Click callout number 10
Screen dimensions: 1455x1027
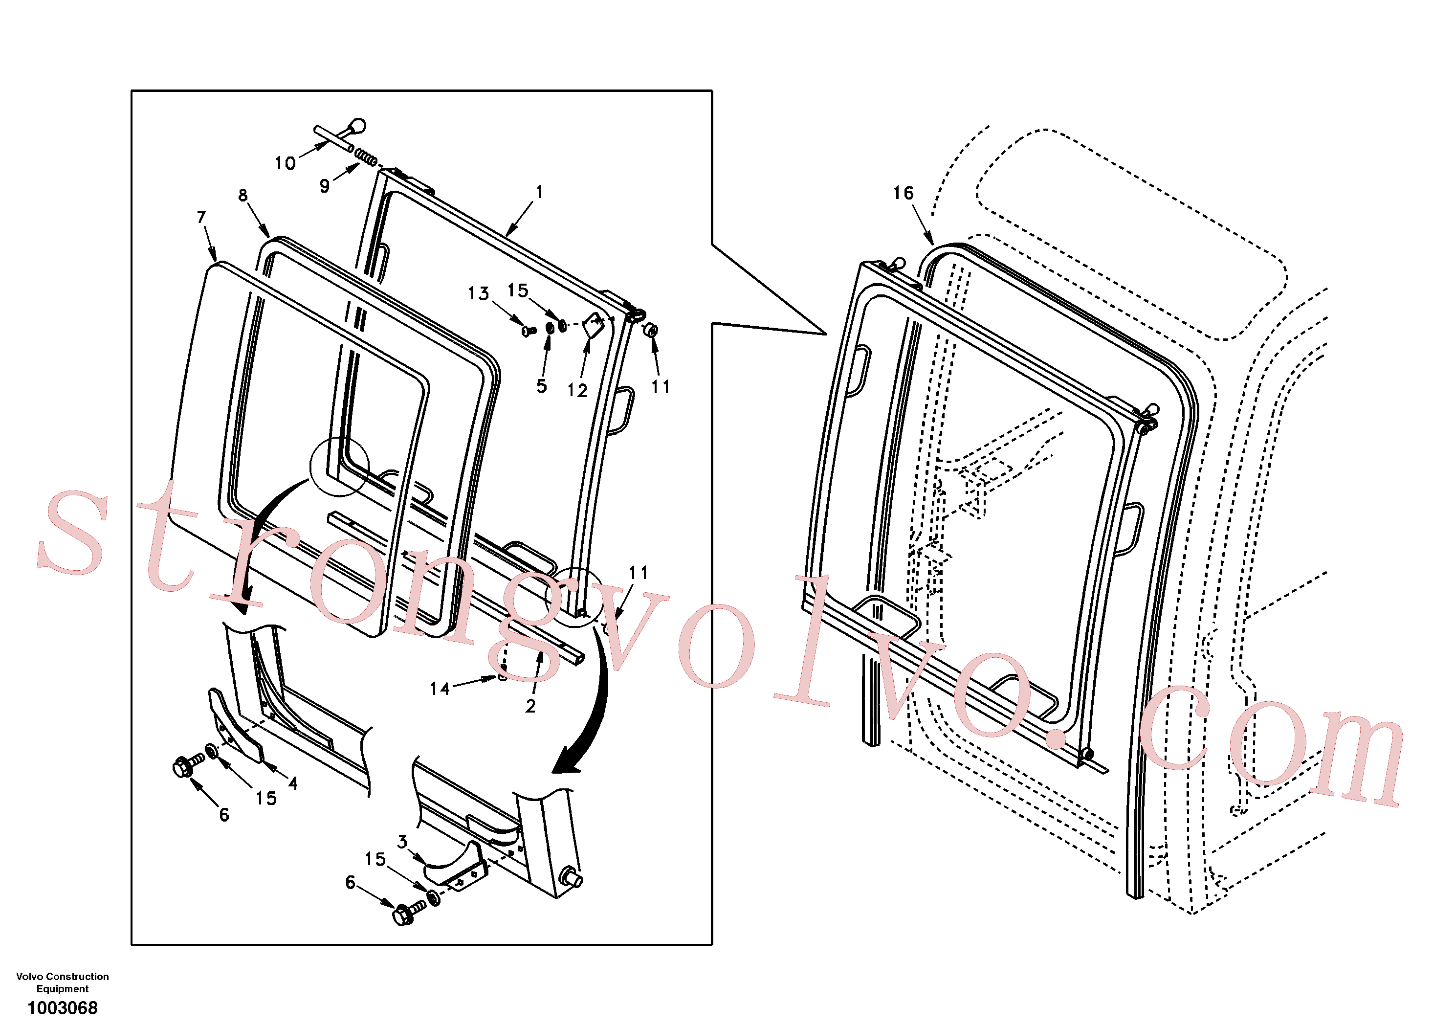[285, 163]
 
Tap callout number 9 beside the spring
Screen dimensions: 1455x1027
[325, 186]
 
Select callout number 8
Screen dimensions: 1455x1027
[242, 195]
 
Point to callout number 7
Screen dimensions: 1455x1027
[201, 218]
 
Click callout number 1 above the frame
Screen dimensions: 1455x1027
[539, 191]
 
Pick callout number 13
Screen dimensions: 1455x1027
[479, 293]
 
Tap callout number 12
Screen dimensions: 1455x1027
[577, 391]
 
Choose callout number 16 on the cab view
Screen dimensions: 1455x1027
[903, 193]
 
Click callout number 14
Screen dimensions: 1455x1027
[440, 689]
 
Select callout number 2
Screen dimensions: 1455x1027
[530, 706]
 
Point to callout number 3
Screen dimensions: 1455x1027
[402, 842]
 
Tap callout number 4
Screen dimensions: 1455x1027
[293, 783]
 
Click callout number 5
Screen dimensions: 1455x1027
[541, 386]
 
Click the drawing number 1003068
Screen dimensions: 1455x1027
[63, 1008]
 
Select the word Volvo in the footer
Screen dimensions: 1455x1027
[30, 976]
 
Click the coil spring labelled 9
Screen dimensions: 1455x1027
[366, 156]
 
